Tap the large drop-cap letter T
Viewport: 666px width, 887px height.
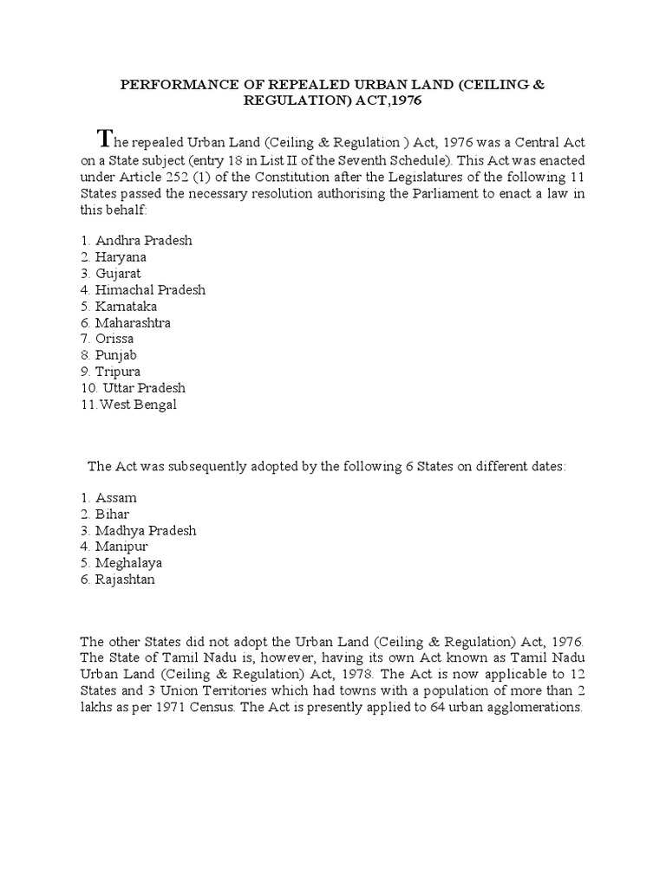105,137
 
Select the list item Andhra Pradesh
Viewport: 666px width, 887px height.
138,240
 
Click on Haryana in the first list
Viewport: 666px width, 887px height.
121,256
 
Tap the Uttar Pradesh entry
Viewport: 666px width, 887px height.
141,388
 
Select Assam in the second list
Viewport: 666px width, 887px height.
116,498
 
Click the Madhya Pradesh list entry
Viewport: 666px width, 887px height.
146,530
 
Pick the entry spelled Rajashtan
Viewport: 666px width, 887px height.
125,579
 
